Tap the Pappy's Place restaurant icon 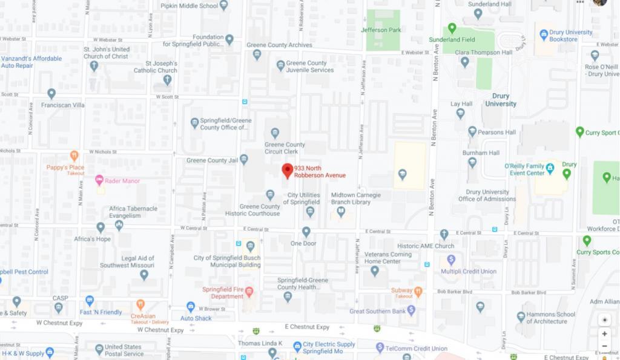coord(74,156)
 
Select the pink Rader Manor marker coord(99,180)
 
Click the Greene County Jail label coord(211,160)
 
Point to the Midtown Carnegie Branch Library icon coord(341,212)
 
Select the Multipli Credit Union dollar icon coord(450,260)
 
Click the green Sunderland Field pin coord(452,28)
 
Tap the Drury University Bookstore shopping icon coord(543,35)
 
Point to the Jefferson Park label coord(381,30)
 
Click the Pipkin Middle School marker coord(224,5)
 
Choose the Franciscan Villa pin coord(51,93)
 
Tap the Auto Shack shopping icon coord(191,307)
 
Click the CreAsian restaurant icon coord(140,304)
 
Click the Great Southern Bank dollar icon coord(411,310)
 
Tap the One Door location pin coord(306,232)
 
